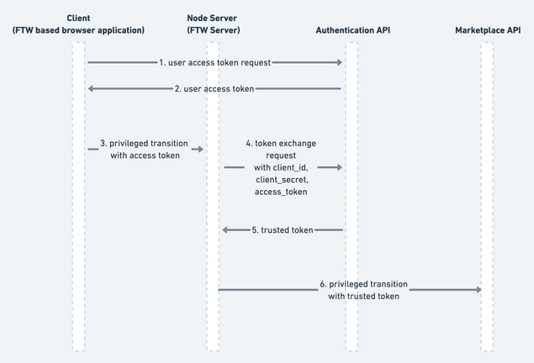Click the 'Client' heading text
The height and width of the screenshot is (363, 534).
point(78,18)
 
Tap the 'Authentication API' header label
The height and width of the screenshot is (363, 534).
point(352,30)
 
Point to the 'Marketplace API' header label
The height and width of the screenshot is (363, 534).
point(488,30)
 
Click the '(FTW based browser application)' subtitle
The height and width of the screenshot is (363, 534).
point(78,30)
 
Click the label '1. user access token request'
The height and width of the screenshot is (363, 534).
point(215,62)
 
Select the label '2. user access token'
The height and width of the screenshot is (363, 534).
point(214,88)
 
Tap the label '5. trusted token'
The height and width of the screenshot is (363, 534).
point(283,229)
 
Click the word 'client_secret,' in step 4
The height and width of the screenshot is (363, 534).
point(282,180)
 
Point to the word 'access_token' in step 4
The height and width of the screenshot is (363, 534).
point(282,192)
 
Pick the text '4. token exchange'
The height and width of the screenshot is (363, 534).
point(282,143)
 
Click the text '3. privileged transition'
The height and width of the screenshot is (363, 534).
point(144,143)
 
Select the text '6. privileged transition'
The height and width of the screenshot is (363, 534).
point(364,284)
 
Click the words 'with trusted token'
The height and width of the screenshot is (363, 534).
point(364,296)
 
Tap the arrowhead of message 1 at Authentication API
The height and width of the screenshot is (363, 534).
point(340,62)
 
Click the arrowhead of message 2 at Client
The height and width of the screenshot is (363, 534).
point(91,88)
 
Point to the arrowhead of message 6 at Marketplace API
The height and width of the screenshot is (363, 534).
point(478,290)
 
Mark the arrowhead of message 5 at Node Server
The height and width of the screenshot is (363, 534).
point(226,229)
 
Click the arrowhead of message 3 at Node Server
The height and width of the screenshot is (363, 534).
point(200,149)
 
